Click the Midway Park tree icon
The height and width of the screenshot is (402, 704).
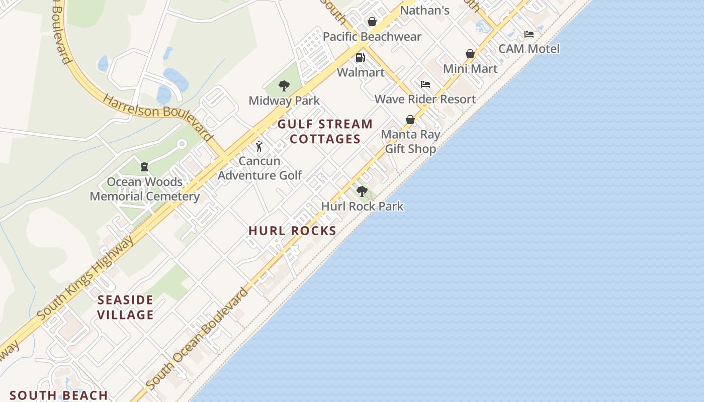point(284,86)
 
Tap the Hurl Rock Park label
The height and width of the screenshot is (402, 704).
point(362,206)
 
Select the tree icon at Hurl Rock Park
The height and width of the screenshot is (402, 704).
point(362,191)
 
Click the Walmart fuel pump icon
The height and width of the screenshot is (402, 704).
point(360,58)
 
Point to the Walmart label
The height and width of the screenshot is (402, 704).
point(361,72)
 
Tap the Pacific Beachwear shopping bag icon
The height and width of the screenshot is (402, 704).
point(372,22)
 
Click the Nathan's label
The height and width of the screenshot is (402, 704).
point(424,10)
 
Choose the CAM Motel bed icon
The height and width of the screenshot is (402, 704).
point(529,34)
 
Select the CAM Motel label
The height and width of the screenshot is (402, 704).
point(529,49)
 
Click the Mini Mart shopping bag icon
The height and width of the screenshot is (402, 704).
point(470,54)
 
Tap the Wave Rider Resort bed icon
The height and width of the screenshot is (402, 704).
point(425,84)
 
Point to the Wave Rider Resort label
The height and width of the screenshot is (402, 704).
point(425,99)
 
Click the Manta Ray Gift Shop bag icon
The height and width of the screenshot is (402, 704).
point(410,120)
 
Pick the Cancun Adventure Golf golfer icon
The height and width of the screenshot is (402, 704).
point(259,146)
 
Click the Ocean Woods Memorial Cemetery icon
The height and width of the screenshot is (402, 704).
point(144,167)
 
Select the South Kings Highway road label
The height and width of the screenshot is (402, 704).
point(86,278)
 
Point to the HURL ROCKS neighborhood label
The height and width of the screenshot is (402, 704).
point(292,231)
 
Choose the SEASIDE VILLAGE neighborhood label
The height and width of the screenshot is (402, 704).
point(125,308)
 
